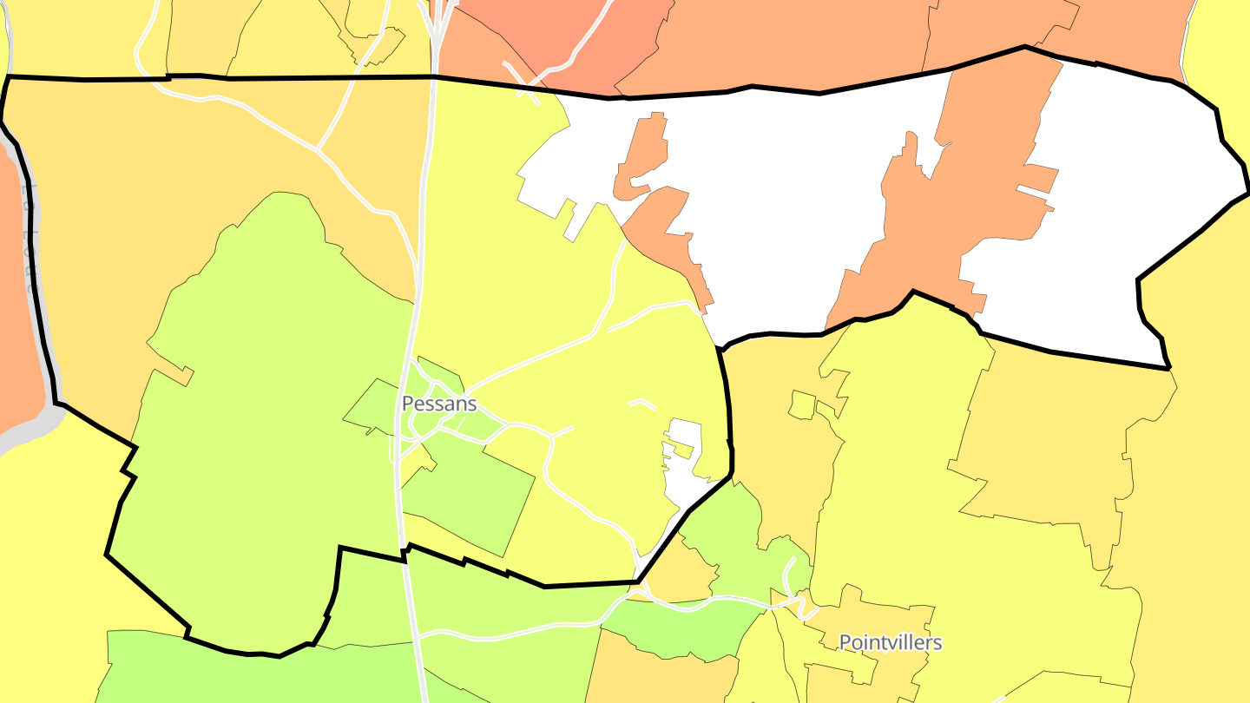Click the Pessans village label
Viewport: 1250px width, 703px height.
tap(439, 404)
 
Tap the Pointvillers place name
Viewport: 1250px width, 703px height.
tap(890, 642)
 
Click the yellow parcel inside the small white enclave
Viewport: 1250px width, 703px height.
tap(681, 449)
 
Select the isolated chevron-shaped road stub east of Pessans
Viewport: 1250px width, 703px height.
tap(642, 403)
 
